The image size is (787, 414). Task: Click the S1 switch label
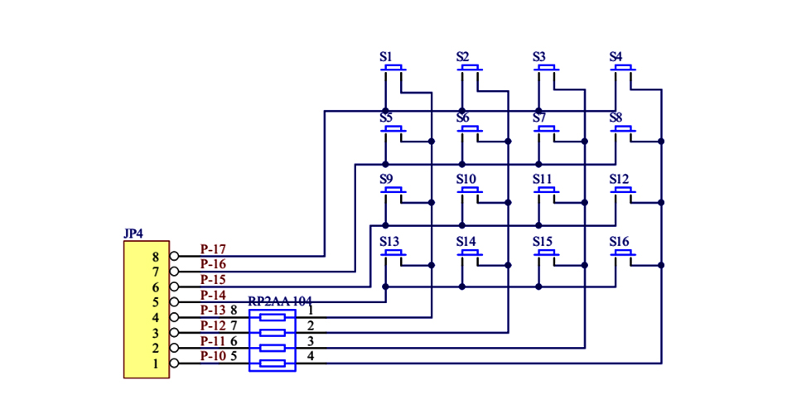[x=385, y=57]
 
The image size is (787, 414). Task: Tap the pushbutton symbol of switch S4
[x=623, y=69]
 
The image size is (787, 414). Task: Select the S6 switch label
[x=462, y=118]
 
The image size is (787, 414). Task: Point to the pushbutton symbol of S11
[x=547, y=191]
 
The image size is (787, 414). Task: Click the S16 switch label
[x=619, y=242]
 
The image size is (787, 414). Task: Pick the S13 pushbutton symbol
[x=393, y=253]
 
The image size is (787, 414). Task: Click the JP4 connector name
[x=133, y=234]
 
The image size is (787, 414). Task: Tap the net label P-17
[x=213, y=249]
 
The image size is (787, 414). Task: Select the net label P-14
[x=213, y=295]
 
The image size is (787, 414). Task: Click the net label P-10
[x=213, y=356]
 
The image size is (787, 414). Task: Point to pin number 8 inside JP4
[x=155, y=257]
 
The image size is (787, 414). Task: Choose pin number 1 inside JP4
[x=155, y=363]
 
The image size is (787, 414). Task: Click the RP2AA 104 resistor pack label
[x=280, y=301]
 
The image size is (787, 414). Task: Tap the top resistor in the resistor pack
[x=273, y=317]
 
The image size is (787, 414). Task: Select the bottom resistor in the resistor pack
[x=273, y=363]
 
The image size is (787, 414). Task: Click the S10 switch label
[x=466, y=180]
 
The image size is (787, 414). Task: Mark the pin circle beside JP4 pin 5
[x=174, y=302]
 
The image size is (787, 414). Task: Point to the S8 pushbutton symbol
[x=623, y=130]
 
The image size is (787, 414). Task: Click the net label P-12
[x=213, y=325]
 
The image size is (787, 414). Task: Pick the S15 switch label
[x=543, y=242]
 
